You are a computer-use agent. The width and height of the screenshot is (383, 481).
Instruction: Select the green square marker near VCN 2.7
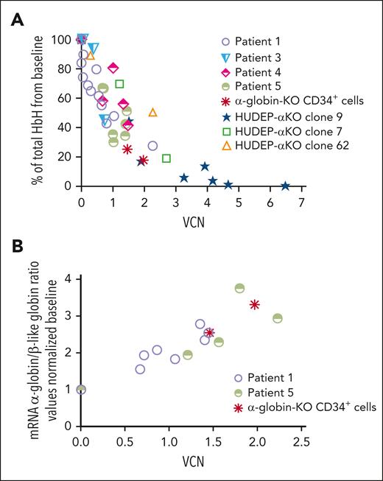coord(166,158)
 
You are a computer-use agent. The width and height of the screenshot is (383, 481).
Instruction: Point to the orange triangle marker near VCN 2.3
coord(153,113)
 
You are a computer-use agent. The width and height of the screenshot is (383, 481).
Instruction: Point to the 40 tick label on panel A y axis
coord(63,127)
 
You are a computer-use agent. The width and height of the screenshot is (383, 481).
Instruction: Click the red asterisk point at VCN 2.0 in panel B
coord(255,304)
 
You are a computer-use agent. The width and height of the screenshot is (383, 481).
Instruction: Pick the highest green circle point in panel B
coord(239,288)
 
